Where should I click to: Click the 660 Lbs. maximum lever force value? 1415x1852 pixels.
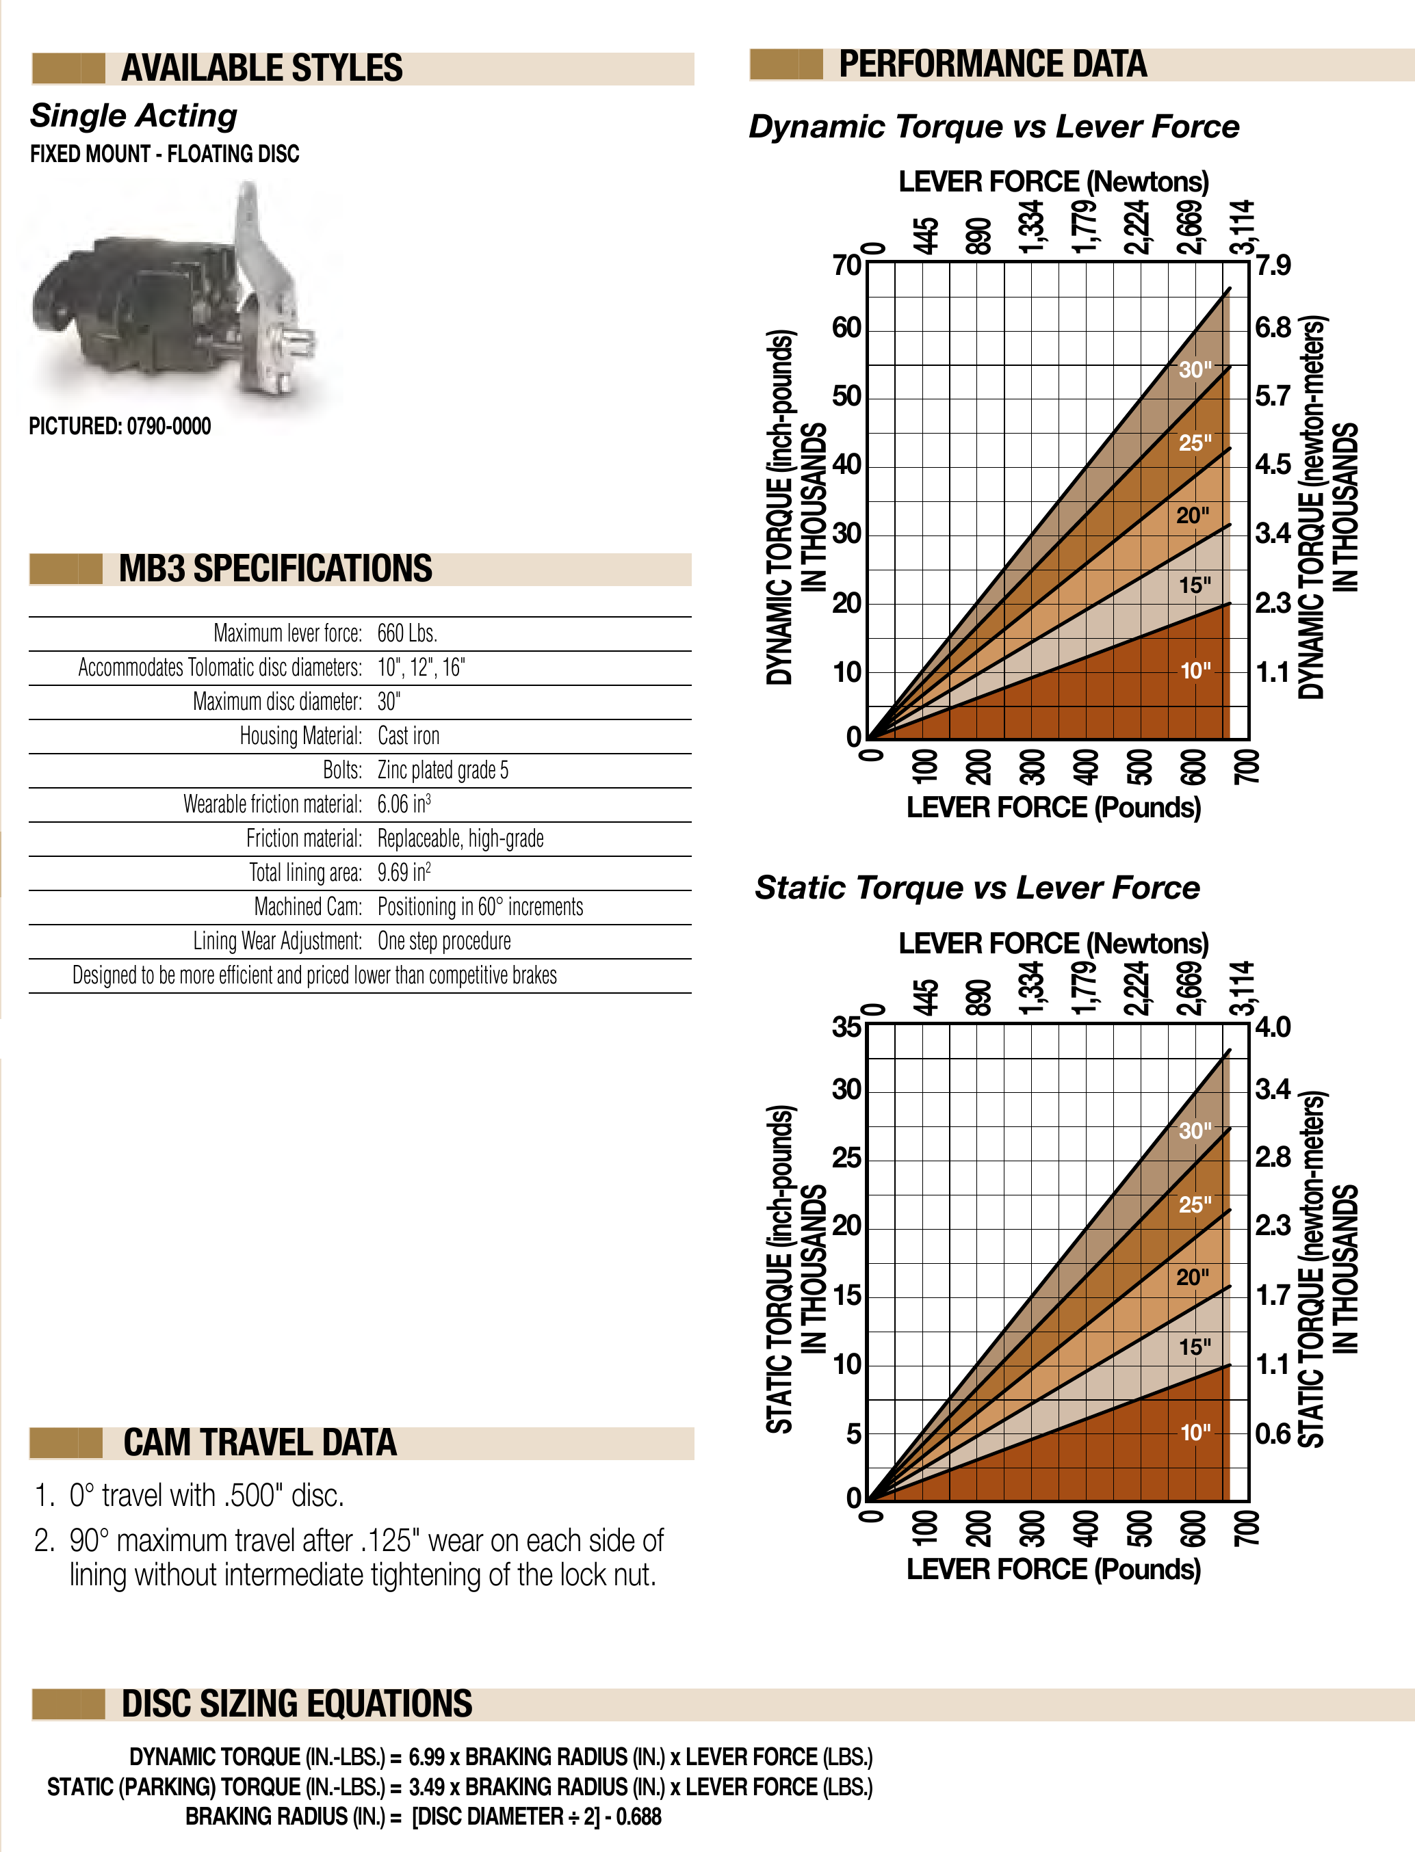point(407,633)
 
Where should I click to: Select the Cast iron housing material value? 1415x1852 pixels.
point(408,736)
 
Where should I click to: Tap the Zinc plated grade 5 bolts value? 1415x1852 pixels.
point(442,770)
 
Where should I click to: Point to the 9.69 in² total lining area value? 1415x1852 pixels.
point(404,872)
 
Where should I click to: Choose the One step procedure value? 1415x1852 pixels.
point(444,941)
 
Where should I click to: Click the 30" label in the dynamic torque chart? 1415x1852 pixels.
point(1194,369)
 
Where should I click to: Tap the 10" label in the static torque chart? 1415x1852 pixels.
point(1194,1432)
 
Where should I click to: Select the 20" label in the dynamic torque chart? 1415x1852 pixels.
point(1193,515)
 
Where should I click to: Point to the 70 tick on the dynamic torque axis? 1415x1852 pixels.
point(846,266)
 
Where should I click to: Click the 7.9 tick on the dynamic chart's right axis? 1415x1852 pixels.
point(1273,266)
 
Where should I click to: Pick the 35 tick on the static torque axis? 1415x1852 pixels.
point(846,1028)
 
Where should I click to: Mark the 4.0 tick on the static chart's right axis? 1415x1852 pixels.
point(1273,1028)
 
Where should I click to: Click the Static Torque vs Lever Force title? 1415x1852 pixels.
point(977,888)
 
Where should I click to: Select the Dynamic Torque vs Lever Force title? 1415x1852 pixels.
point(994,127)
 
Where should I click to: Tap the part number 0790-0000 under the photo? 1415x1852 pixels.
point(168,427)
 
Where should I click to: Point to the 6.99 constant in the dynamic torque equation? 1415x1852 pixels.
point(426,1758)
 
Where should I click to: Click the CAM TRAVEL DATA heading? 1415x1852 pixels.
point(259,1443)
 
